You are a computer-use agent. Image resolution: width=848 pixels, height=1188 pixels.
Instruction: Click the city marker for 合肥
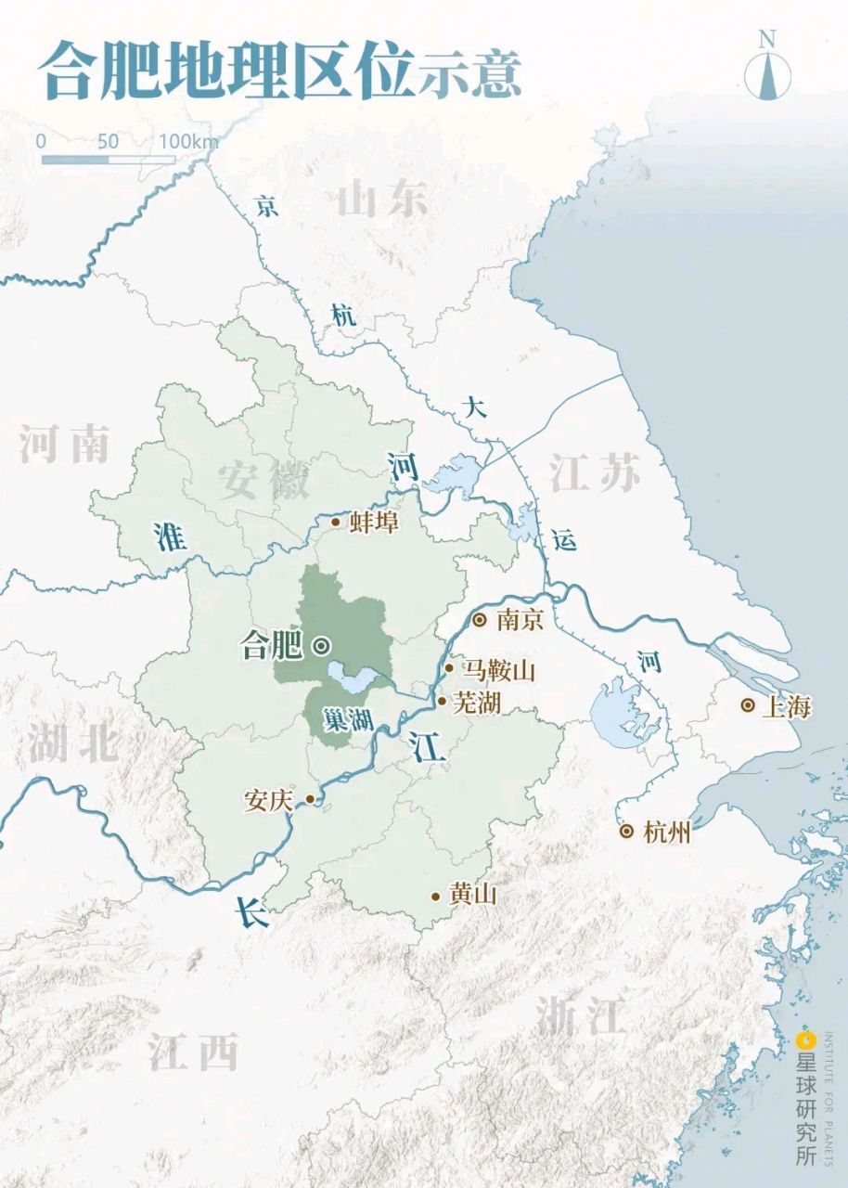tap(321, 646)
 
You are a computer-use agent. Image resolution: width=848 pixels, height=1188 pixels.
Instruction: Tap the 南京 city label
tap(520, 619)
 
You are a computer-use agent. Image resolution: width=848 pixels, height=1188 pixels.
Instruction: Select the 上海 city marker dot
tap(748, 705)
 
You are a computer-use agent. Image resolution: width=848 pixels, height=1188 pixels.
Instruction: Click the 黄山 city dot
tap(435, 897)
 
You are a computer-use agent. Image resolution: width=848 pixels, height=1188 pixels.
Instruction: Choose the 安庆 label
tap(268, 800)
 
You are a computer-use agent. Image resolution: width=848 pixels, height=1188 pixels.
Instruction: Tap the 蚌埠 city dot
tap(336, 522)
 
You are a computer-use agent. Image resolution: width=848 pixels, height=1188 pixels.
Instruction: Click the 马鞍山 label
tap(500, 669)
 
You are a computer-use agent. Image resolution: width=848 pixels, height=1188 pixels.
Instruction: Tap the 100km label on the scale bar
tap(188, 141)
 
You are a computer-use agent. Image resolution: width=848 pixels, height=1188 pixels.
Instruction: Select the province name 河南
tap(64, 445)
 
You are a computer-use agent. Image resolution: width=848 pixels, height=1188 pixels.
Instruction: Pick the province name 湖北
tap(72, 742)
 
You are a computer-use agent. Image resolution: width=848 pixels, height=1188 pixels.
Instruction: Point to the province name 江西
tap(193, 1052)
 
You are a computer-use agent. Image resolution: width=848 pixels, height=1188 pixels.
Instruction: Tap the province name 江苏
tap(595, 473)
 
